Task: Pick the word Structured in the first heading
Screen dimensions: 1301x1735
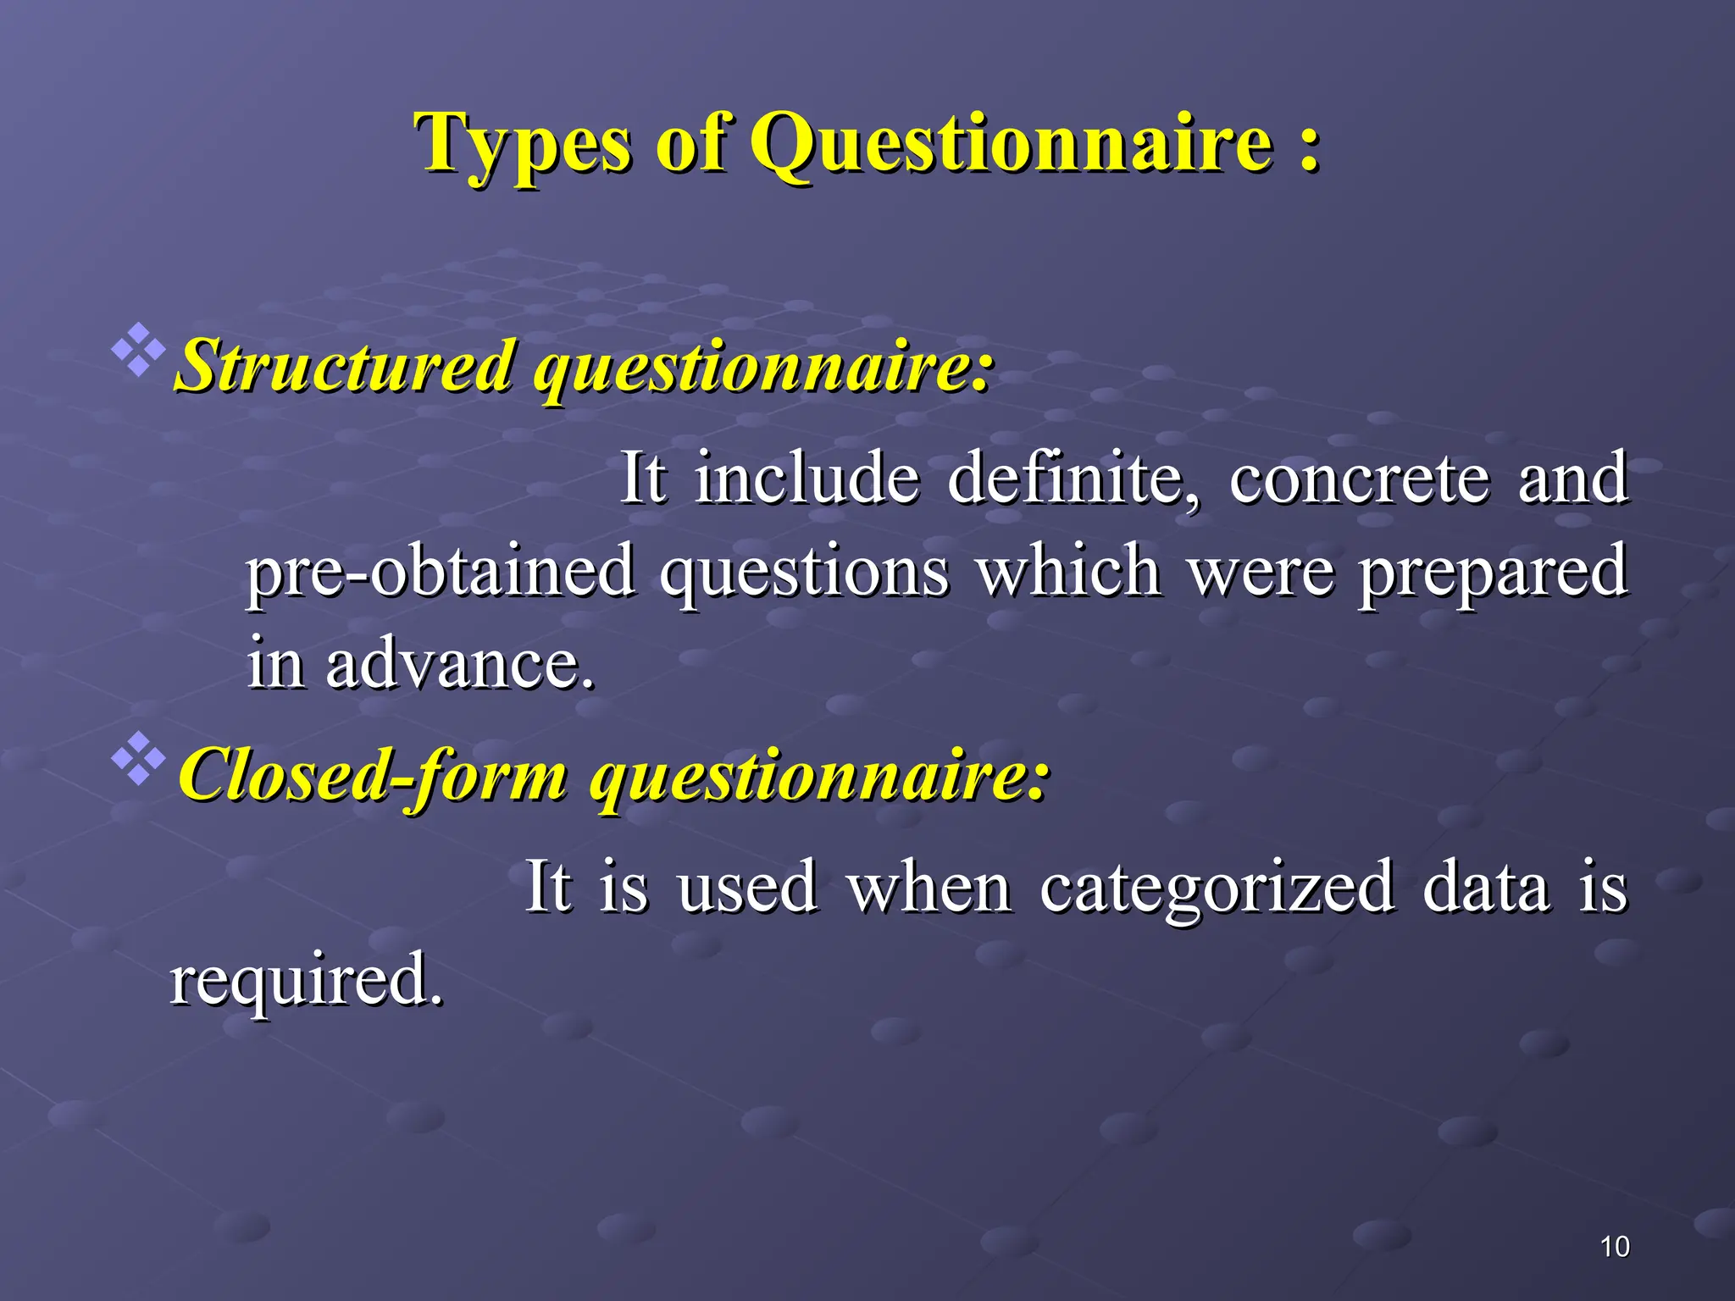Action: [x=346, y=368]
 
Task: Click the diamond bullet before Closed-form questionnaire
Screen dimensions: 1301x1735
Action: [x=138, y=756]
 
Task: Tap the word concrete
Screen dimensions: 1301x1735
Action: [x=1359, y=479]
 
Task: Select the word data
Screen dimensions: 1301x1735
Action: [x=1485, y=888]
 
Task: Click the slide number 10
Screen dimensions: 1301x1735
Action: [x=1615, y=1247]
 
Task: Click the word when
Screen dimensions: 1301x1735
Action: [x=929, y=888]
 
